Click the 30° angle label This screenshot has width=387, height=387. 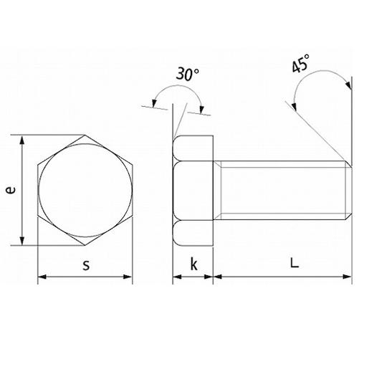[187, 74]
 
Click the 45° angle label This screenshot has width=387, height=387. [300, 64]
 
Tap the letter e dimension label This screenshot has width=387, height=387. [11, 190]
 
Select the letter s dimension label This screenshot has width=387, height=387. [86, 265]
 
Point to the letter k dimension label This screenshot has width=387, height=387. [193, 264]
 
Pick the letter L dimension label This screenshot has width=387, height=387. [295, 263]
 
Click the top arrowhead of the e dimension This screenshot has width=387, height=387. [22, 140]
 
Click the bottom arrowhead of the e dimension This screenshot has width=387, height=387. [22, 241]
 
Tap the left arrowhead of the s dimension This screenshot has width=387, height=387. [42, 277]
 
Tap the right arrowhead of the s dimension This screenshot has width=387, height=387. [128, 277]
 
